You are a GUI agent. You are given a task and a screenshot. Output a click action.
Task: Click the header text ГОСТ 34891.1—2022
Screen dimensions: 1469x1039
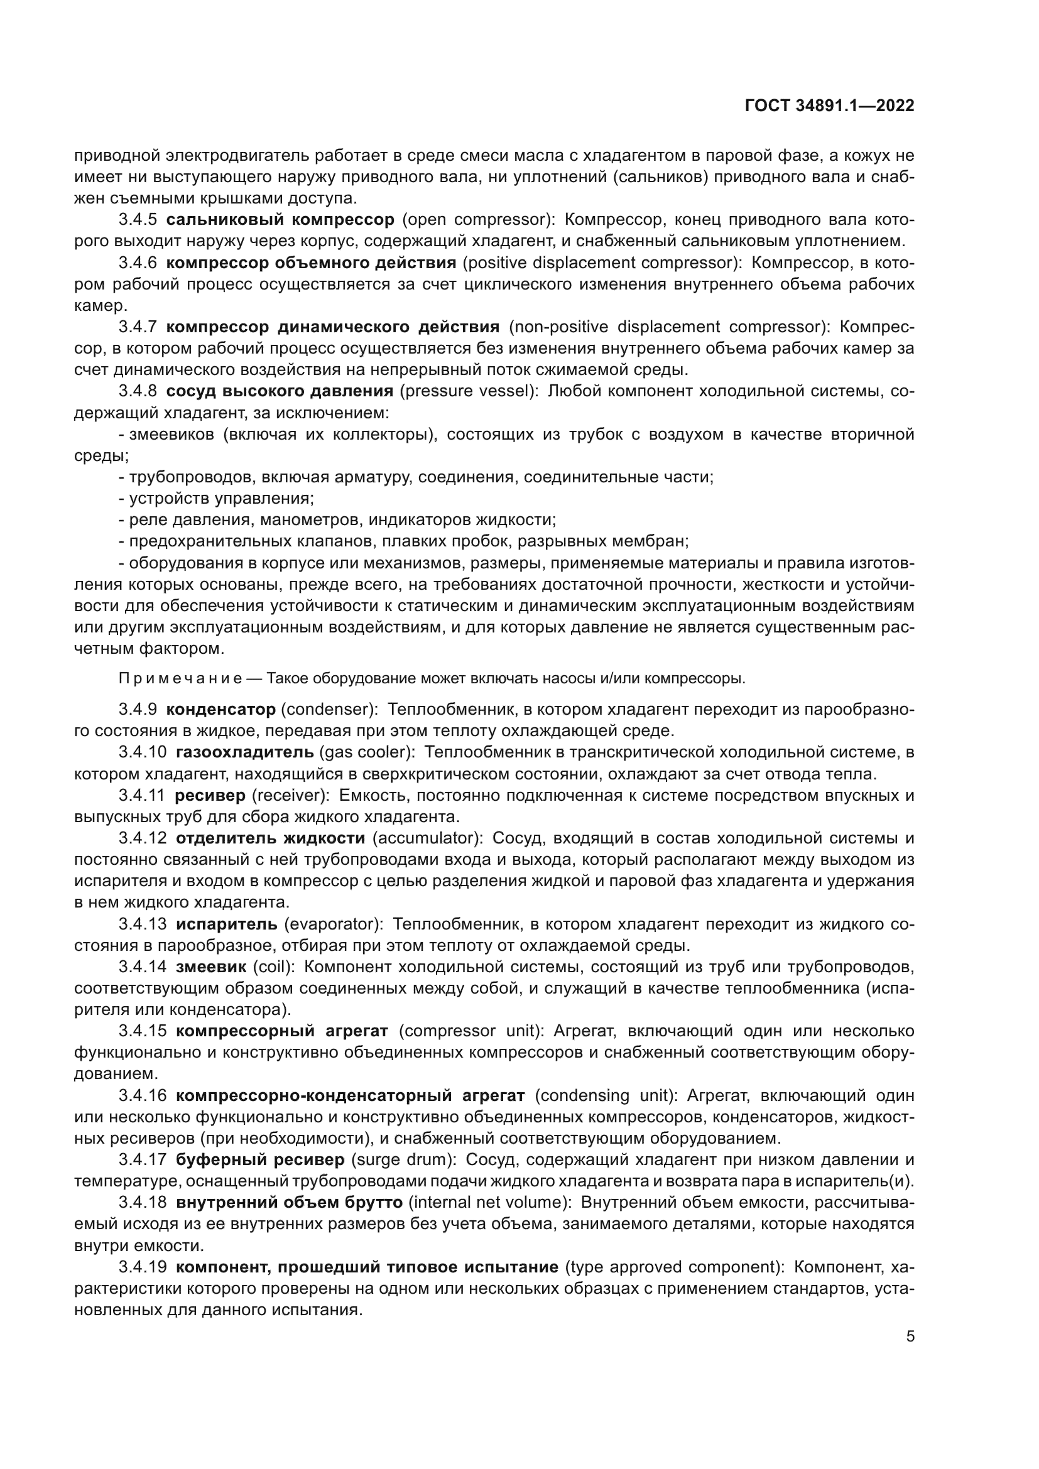coord(829,106)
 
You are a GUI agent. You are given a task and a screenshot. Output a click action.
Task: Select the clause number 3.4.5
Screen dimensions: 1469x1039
coord(138,220)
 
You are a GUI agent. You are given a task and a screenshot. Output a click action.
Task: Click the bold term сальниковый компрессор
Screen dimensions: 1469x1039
coord(280,220)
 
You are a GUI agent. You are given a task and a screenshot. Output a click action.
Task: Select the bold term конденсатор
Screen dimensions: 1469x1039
coord(220,710)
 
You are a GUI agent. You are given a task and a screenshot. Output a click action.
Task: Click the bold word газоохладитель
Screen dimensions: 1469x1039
coord(244,752)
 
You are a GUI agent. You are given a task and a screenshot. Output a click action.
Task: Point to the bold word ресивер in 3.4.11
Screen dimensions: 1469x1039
coord(210,795)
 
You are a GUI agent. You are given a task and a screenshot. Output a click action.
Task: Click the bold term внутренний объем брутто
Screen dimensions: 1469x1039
coord(289,1202)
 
